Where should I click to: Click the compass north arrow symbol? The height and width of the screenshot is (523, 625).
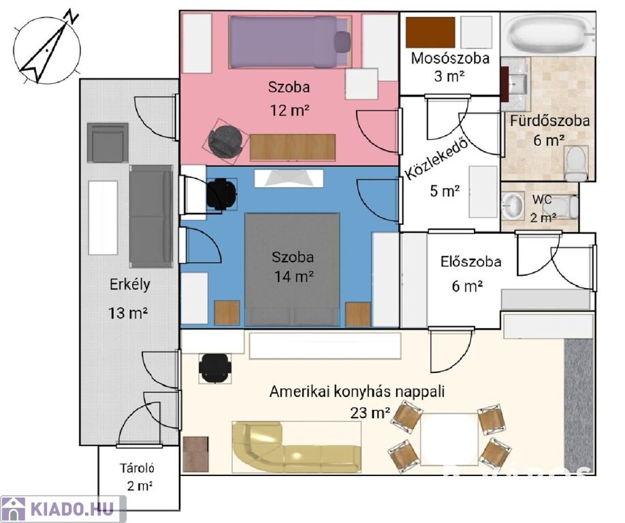tap(46, 48)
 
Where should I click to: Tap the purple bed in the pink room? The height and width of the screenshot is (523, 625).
tap(285, 42)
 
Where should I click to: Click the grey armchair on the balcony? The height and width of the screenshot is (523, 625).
tap(108, 142)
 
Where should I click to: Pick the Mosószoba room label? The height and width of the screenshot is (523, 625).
tap(450, 59)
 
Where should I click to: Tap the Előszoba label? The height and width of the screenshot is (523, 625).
tap(471, 261)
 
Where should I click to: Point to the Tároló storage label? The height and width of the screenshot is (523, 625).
tap(139, 469)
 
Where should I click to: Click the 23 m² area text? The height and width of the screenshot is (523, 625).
tap(370, 413)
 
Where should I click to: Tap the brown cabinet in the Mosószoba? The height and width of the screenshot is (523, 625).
tap(430, 32)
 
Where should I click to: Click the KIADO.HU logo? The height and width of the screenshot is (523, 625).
tap(63, 509)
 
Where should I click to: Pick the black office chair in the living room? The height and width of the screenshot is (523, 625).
tap(216, 369)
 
